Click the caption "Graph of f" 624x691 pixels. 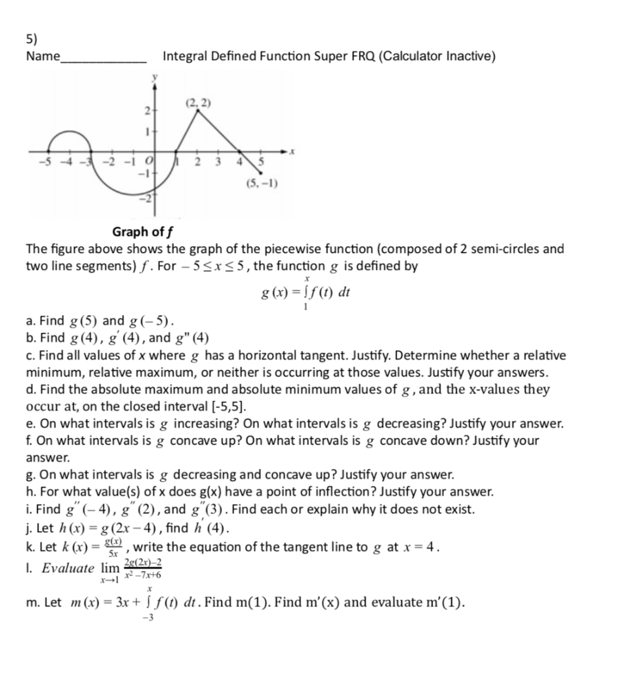pos(144,232)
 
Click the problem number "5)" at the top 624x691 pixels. pos(32,39)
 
